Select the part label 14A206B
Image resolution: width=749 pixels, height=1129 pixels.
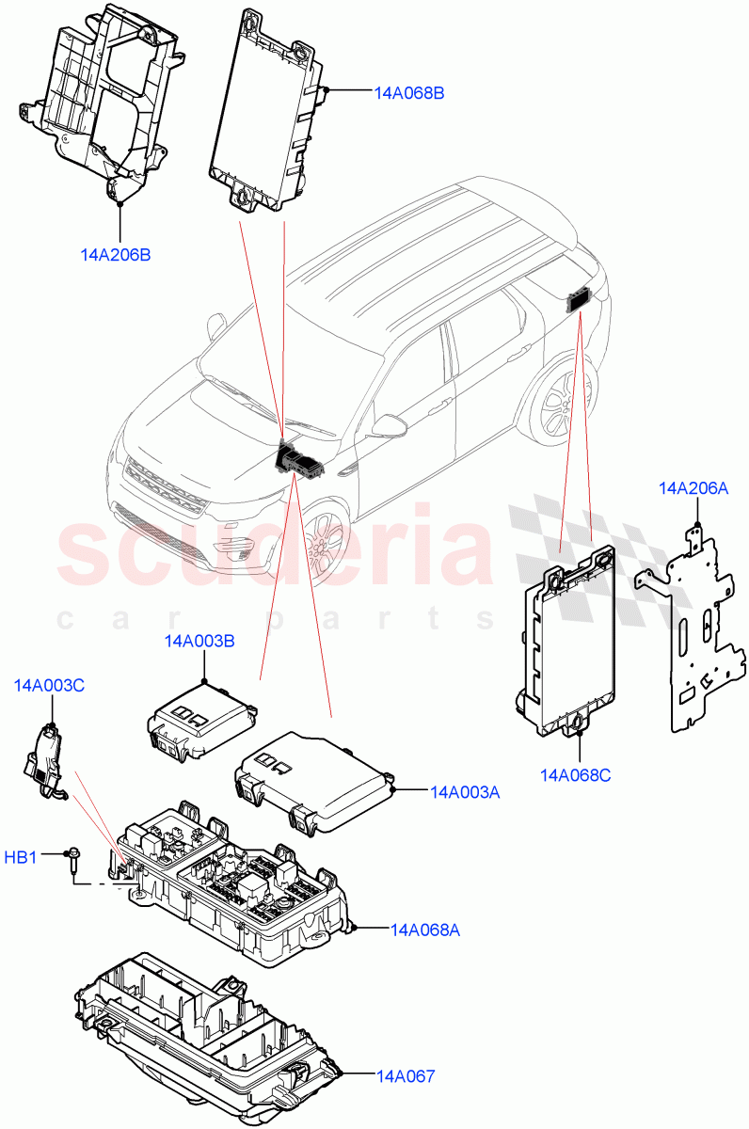(x=116, y=255)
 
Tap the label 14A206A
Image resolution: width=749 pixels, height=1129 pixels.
(x=694, y=488)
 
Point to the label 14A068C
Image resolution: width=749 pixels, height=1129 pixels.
(x=576, y=775)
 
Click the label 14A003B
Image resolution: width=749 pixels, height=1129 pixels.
(x=199, y=642)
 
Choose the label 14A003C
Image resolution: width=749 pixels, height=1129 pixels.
(x=49, y=686)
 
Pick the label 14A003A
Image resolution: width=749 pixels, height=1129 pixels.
(x=465, y=792)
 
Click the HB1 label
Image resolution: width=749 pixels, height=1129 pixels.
(x=21, y=857)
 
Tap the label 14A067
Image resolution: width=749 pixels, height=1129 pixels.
(x=406, y=1075)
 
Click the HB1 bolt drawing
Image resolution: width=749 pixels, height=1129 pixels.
(x=72, y=857)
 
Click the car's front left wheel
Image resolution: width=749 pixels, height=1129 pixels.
(x=325, y=540)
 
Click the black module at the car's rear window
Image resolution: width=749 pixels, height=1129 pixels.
(x=577, y=301)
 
